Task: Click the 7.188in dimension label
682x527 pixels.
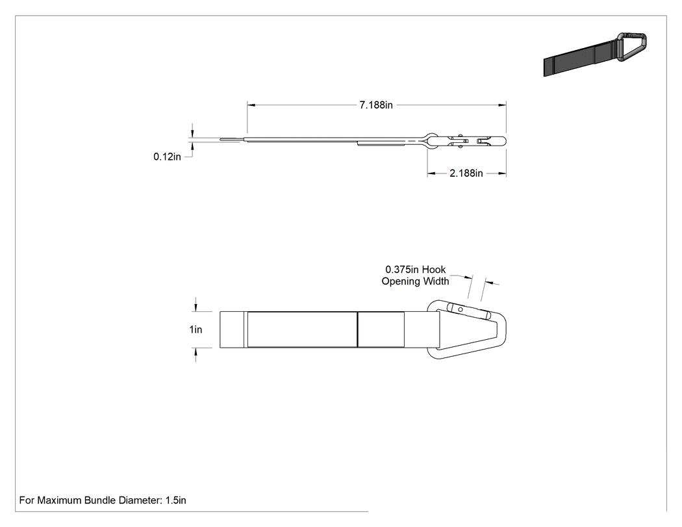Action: click(x=376, y=105)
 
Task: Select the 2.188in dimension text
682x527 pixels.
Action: click(x=466, y=174)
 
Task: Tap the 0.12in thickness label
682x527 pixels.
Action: click(x=167, y=157)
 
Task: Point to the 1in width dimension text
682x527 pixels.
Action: click(x=196, y=329)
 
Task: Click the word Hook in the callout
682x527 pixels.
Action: click(x=434, y=270)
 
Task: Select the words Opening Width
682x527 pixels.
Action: click(x=416, y=281)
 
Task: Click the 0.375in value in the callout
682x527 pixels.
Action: click(x=402, y=270)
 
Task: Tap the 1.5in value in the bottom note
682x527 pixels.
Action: click(x=176, y=500)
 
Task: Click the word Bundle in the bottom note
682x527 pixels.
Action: click(x=97, y=500)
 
